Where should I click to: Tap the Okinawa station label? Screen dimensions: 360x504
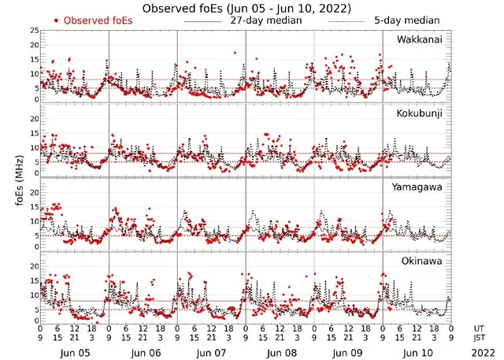[425, 261]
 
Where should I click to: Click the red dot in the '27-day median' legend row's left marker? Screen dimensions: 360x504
[57, 20]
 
